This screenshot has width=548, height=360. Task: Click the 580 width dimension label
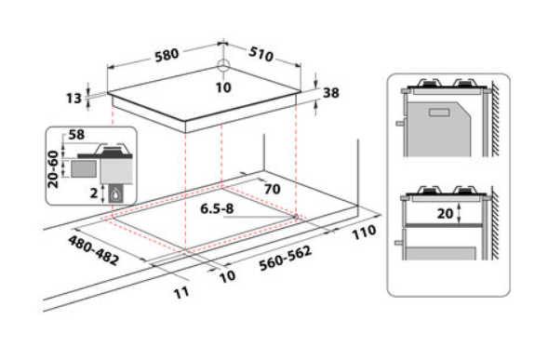pyautogui.click(x=167, y=55)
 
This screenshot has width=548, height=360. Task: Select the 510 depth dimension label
pyautogui.click(x=261, y=53)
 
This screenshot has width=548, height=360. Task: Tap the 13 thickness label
pyautogui.click(x=74, y=99)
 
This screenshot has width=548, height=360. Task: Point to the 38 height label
pyautogui.click(x=331, y=93)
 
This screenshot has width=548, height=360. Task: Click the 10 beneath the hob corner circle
pyautogui.click(x=223, y=87)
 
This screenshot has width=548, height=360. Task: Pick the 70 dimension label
pyautogui.click(x=273, y=189)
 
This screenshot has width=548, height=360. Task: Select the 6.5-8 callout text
pyautogui.click(x=217, y=208)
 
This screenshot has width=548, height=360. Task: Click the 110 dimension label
pyautogui.click(x=364, y=233)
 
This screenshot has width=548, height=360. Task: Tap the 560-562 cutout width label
pyautogui.click(x=286, y=259)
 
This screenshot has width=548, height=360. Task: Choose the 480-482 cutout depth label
pyautogui.click(x=94, y=250)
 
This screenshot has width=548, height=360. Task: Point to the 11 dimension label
pyautogui.click(x=181, y=292)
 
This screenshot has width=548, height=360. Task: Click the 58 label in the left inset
pyautogui.click(x=76, y=135)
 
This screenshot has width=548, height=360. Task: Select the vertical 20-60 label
pyautogui.click(x=53, y=169)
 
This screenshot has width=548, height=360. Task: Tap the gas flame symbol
pyautogui.click(x=116, y=194)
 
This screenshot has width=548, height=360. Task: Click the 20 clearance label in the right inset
pyautogui.click(x=445, y=214)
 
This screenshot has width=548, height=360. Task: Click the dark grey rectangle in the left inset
pyautogui.click(x=84, y=169)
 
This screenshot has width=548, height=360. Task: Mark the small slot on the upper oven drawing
pyautogui.click(x=439, y=113)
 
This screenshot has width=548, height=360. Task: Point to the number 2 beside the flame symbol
pyautogui.click(x=94, y=193)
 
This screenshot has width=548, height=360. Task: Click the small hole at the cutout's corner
pyautogui.click(x=296, y=217)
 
